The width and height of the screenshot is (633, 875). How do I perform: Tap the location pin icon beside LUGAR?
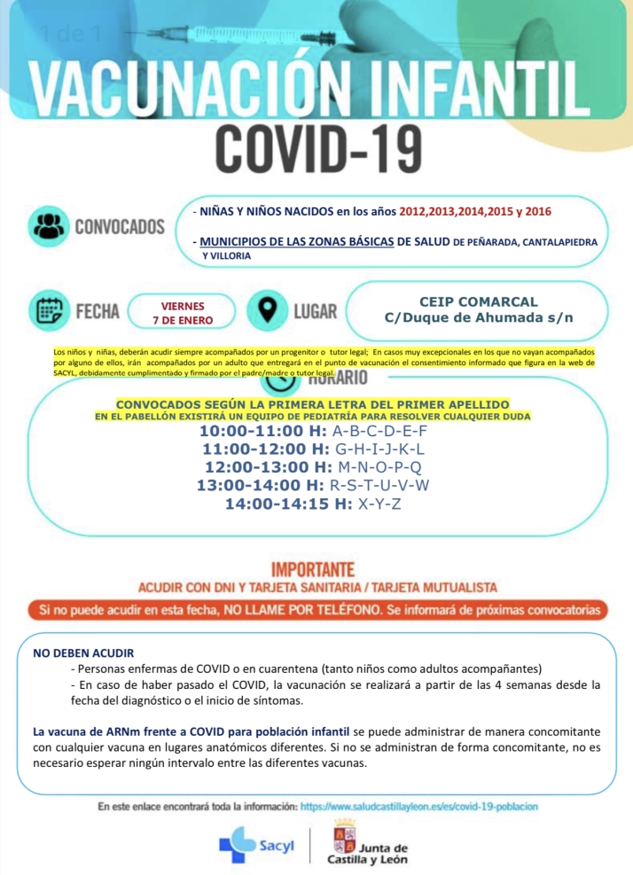[x=265, y=310]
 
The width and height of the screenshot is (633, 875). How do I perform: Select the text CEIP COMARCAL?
[x=478, y=301]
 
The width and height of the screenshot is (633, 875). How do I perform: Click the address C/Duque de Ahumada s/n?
[x=478, y=318]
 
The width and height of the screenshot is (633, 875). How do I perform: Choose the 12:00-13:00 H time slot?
[x=267, y=467]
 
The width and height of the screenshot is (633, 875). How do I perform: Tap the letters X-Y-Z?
[x=379, y=504]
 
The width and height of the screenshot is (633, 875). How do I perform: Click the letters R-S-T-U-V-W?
[x=379, y=486]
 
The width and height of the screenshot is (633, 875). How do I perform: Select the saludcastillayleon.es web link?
[x=419, y=807]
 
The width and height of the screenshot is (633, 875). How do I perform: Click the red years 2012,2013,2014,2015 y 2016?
[x=474, y=212]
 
